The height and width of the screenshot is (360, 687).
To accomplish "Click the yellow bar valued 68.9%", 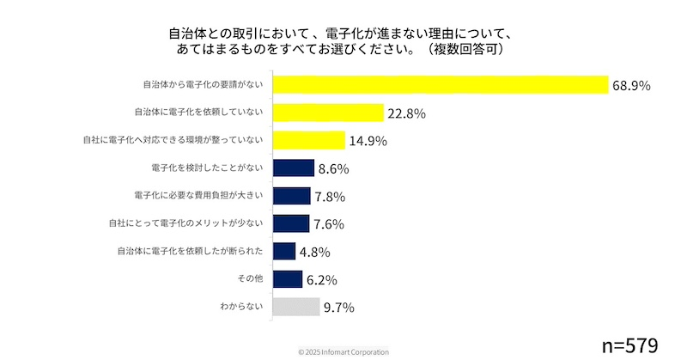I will pyautogui.click(x=440, y=85).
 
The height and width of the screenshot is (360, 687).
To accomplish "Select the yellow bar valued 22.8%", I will pyautogui.click(x=327, y=113).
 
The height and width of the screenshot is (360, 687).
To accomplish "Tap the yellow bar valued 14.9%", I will pyautogui.click(x=308, y=140).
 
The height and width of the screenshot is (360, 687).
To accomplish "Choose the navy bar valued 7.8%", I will pyautogui.click(x=291, y=196).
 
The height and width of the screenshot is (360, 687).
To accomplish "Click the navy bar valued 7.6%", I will pyautogui.click(x=290, y=223).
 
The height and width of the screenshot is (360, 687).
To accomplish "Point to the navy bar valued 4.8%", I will pyautogui.click(x=283, y=251).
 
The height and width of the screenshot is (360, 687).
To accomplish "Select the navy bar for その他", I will pyautogui.click(x=287, y=279).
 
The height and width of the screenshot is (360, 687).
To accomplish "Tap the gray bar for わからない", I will pyautogui.click(x=295, y=307).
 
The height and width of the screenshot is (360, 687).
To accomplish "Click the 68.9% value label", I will pyautogui.click(x=630, y=85).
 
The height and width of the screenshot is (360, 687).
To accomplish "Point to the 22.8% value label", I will pyautogui.click(x=406, y=113).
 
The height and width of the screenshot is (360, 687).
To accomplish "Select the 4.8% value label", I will pyautogui.click(x=317, y=252).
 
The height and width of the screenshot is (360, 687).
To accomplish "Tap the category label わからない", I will pyautogui.click(x=242, y=307).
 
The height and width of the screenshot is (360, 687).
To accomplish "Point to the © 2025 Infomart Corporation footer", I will pyautogui.click(x=343, y=352).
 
